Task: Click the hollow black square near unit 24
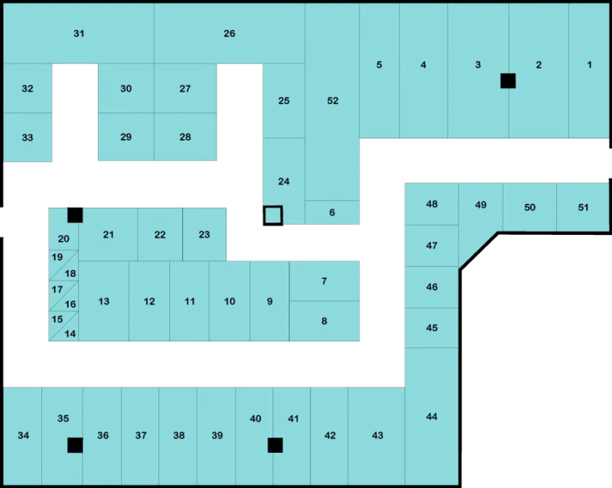tap(265, 215)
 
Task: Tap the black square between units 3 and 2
tap(508, 81)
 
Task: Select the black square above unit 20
tap(75, 215)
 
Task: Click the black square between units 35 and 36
tap(75, 445)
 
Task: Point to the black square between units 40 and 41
tap(275, 445)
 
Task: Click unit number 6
tap(332, 213)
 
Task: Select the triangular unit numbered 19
tap(58, 261)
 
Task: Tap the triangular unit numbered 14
tap(68, 330)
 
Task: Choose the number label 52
tap(333, 101)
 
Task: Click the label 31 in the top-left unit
tap(79, 34)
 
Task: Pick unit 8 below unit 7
tap(324, 321)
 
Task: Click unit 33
tap(28, 137)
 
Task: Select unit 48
tap(431, 203)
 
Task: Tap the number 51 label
tap(583, 207)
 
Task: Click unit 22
tap(160, 234)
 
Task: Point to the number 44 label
tap(431, 417)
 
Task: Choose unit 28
tap(185, 137)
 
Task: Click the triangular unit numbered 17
tap(58, 291)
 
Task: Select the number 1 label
tap(589, 65)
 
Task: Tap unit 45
tap(431, 327)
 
